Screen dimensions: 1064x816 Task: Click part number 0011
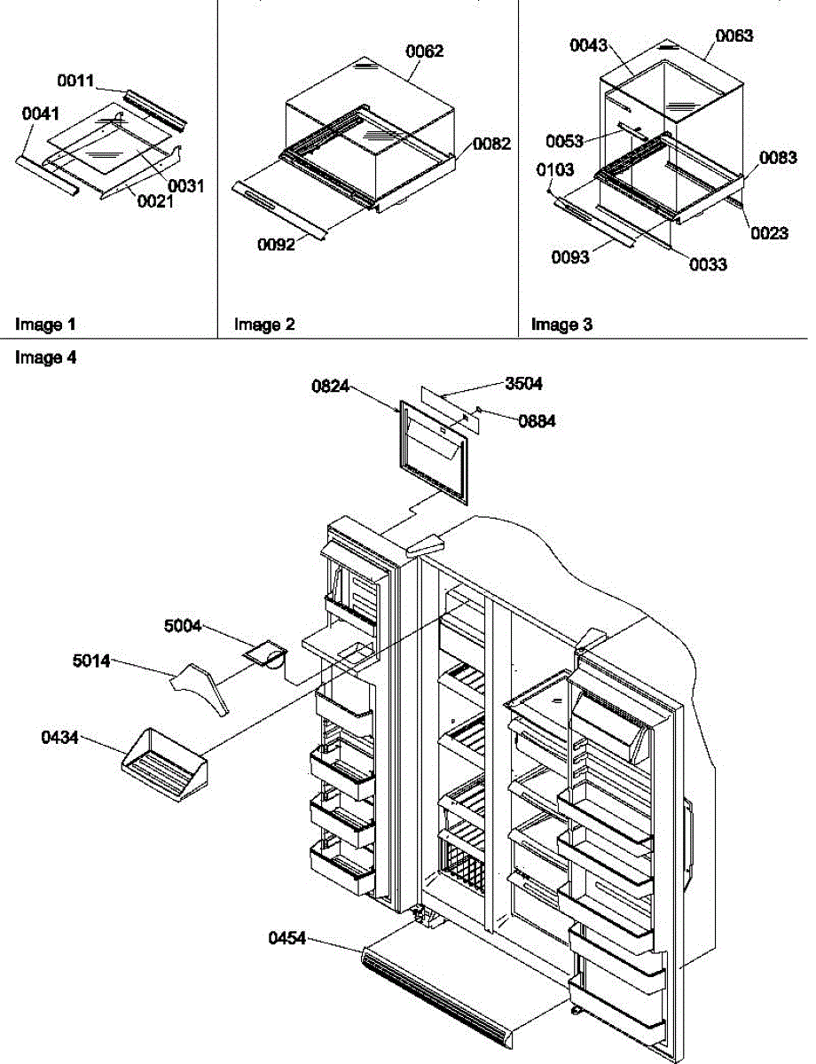[76, 81]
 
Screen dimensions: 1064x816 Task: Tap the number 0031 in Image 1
[186, 186]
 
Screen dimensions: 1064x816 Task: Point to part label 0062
[425, 51]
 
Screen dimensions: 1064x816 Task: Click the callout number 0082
[491, 144]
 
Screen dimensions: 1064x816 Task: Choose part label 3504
[523, 384]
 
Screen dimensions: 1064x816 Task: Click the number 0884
[537, 422]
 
